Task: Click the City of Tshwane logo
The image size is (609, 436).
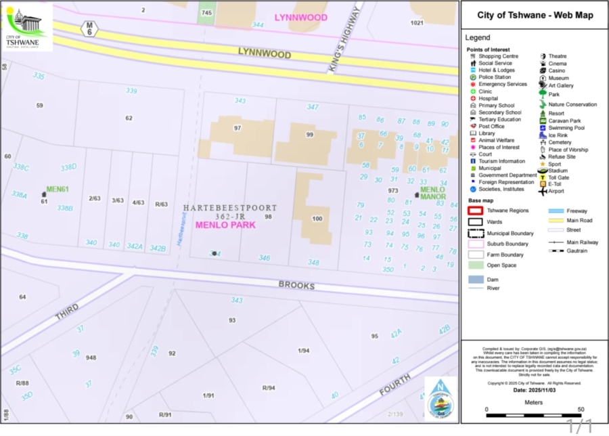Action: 27,27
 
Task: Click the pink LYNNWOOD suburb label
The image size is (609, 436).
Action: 300,18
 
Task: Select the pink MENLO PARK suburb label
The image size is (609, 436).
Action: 225,225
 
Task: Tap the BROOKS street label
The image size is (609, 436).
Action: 296,285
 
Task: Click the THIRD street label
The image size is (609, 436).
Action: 67,312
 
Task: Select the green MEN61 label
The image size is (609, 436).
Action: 58,190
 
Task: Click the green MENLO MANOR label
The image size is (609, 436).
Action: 432,193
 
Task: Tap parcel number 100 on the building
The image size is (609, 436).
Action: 317,219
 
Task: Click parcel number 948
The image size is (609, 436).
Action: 91,357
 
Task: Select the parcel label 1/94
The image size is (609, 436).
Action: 303,350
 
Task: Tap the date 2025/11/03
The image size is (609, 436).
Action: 535,390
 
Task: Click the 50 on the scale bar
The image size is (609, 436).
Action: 581,410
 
